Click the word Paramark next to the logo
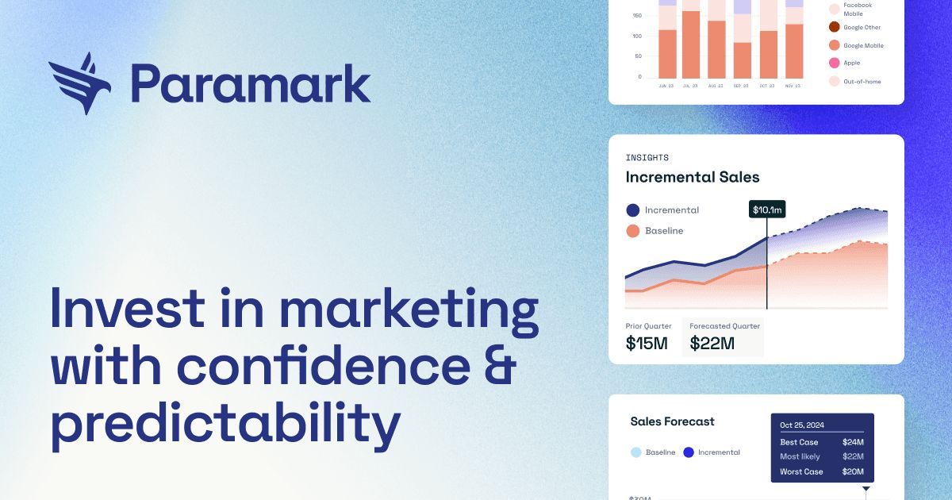(x=251, y=84)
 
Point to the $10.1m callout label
(x=767, y=210)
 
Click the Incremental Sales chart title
(x=692, y=177)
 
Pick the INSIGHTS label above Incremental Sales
(x=647, y=158)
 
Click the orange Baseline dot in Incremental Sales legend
(x=632, y=231)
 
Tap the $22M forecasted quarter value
(x=712, y=344)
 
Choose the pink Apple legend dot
(x=834, y=63)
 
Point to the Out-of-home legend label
(x=862, y=82)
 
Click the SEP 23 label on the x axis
(x=742, y=86)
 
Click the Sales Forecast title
(x=672, y=421)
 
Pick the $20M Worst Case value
(x=853, y=471)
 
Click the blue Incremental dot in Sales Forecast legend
(x=689, y=452)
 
